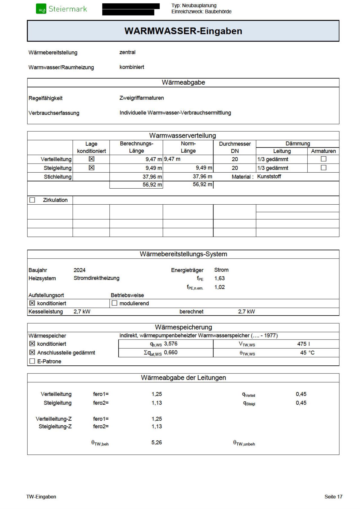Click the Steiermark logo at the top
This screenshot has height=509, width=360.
pyautogui.click(x=62, y=9)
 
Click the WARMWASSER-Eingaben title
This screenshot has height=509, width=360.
pyautogui.click(x=183, y=31)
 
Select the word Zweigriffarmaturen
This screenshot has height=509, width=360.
pyautogui.click(x=141, y=98)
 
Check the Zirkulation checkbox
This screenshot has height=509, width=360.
pyautogui.click(x=32, y=200)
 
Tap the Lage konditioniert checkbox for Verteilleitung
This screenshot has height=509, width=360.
pyautogui.click(x=91, y=159)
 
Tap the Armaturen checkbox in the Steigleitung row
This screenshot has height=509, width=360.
pyautogui.click(x=323, y=168)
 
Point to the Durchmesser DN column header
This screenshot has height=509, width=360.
pyautogui.click(x=235, y=147)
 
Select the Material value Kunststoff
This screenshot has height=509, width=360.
pyautogui.click(x=269, y=177)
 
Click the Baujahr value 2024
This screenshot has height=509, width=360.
pyautogui.click(x=80, y=270)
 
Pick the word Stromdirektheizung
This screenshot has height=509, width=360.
pyautogui.click(x=96, y=278)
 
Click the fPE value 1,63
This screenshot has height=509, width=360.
pyautogui.click(x=219, y=279)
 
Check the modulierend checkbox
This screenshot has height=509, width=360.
pyautogui.click(x=114, y=303)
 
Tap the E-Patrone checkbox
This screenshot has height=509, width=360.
pyautogui.click(x=32, y=361)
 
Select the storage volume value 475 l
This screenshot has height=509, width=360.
pyautogui.click(x=303, y=344)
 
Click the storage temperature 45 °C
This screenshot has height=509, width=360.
pyautogui.click(x=307, y=353)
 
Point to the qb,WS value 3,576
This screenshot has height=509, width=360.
pyautogui.click(x=171, y=344)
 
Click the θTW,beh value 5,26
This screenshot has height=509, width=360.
pyautogui.click(x=157, y=442)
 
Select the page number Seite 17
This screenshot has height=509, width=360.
pyautogui.click(x=333, y=497)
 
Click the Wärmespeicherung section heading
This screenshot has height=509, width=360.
pyautogui.click(x=183, y=327)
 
